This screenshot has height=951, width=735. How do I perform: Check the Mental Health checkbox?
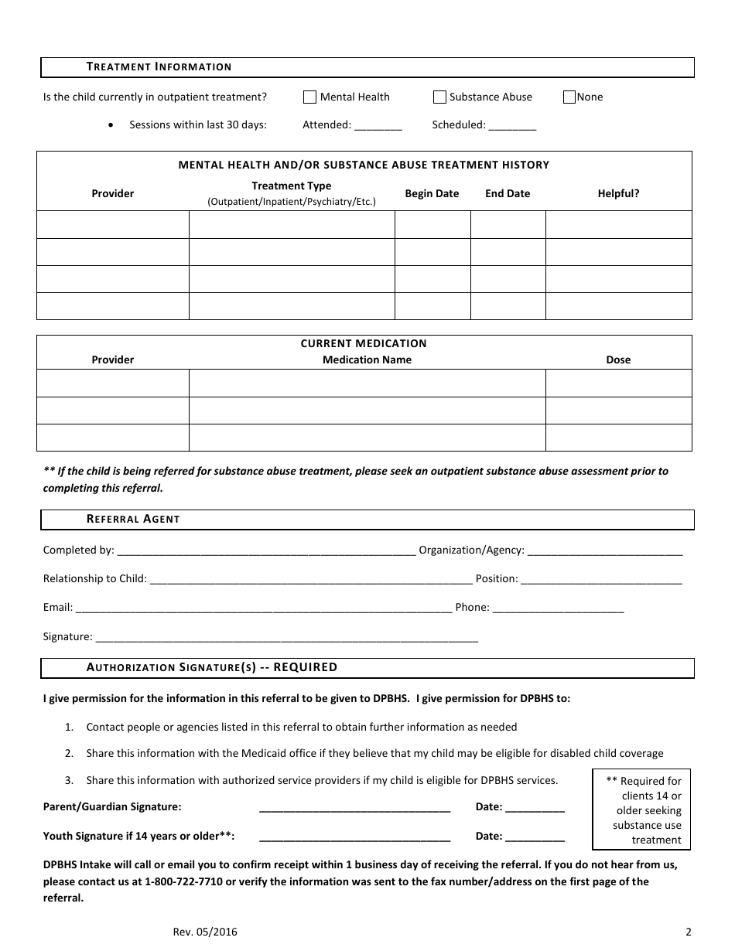point(309,97)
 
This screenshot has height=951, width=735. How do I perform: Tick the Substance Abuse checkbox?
point(439,97)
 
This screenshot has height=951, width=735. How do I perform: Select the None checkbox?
point(569,97)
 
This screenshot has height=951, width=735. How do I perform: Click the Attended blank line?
point(378,126)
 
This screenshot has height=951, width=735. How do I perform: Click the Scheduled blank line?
point(512,126)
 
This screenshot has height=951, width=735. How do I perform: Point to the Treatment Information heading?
point(159,67)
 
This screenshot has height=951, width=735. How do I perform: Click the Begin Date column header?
point(432,193)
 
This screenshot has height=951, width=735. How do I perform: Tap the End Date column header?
point(508,193)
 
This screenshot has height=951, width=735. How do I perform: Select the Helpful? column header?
point(618,193)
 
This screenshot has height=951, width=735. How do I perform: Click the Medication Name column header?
point(367,360)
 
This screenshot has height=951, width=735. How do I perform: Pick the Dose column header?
point(618,360)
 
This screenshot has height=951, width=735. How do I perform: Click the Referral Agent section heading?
point(133,519)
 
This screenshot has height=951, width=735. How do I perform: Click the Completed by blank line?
point(266,552)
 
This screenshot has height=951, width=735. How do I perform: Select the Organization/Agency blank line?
point(605,552)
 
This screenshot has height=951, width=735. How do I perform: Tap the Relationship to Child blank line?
point(311,580)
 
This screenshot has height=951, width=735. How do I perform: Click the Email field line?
point(264,608)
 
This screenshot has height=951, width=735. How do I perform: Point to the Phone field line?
point(558,608)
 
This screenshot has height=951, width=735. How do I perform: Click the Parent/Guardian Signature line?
point(355,808)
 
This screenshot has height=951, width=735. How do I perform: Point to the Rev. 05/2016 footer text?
point(205,932)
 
